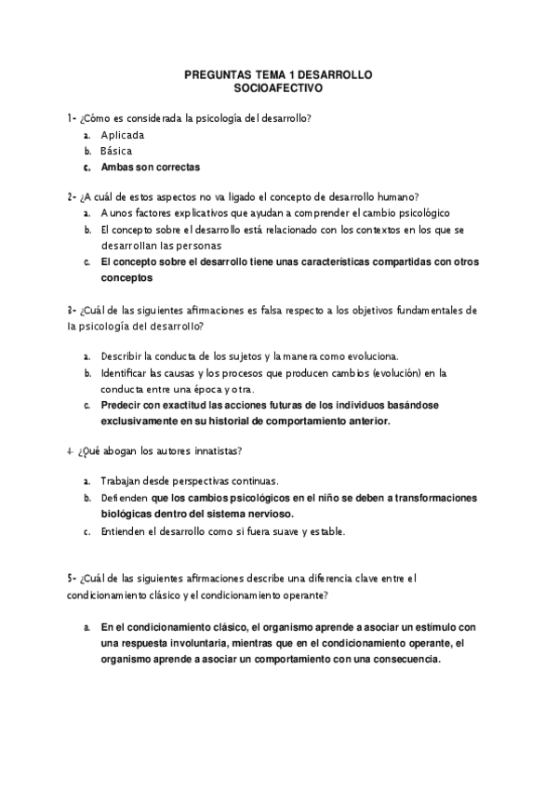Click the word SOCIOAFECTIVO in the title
click(279, 91)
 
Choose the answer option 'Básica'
click(117, 151)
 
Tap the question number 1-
click(72, 118)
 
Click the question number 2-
click(72, 196)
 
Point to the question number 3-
click(72, 310)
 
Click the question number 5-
click(72, 578)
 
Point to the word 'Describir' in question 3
click(125, 356)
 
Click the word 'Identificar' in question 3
click(127, 373)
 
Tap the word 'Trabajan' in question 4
click(123, 481)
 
